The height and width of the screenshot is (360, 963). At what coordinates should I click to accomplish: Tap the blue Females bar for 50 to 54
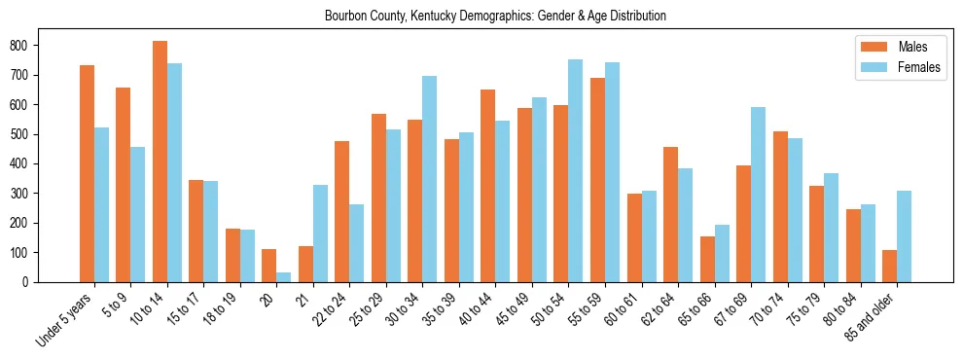click(576, 171)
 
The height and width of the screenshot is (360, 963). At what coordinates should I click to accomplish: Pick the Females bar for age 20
click(284, 277)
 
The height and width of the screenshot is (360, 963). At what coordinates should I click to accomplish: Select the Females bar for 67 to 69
click(758, 195)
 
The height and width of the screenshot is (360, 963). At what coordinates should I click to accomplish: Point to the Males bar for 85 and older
click(889, 266)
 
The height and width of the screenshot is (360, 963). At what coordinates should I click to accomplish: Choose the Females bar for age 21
click(320, 234)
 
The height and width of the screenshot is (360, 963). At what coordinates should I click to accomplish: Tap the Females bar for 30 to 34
click(430, 179)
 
